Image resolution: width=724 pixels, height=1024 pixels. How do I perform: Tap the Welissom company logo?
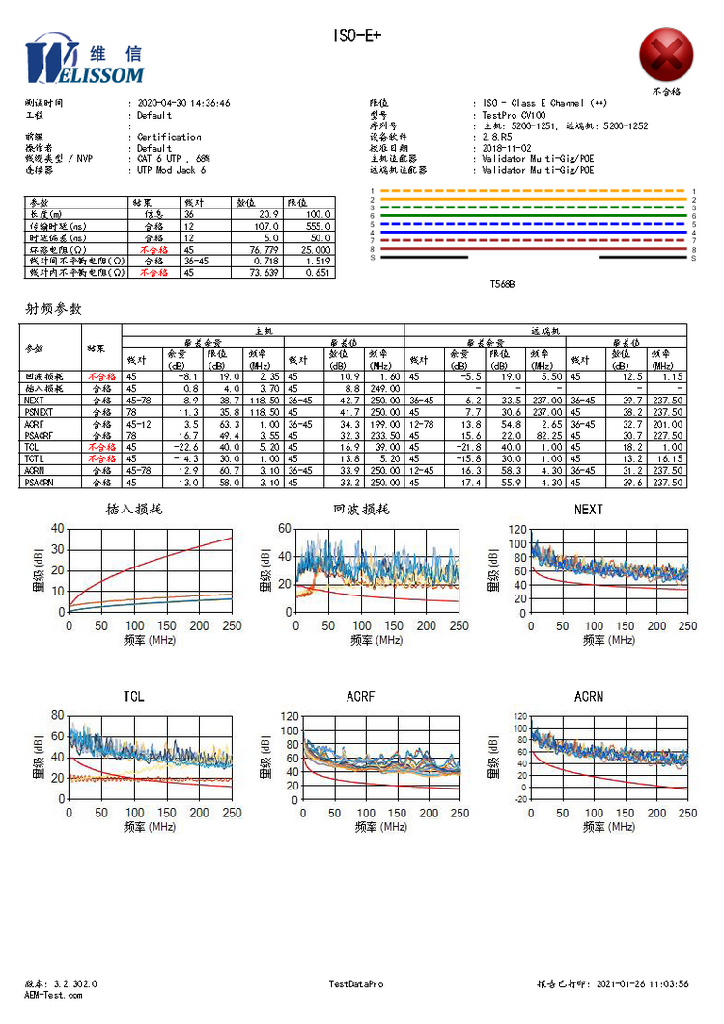[x=84, y=61]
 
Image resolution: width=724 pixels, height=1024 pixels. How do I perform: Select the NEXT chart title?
[x=588, y=510]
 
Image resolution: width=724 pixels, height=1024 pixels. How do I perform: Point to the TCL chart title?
[x=135, y=697]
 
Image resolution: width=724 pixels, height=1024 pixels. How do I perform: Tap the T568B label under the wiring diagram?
[x=503, y=285]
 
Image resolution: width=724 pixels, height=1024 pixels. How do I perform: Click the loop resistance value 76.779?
[x=262, y=249]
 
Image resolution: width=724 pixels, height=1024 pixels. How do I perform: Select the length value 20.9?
[x=266, y=214]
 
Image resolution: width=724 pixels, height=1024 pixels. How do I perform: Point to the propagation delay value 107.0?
[x=265, y=226]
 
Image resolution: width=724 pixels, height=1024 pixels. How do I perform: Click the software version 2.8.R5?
[x=500, y=137]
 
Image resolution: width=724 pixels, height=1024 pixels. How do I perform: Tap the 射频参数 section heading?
[x=53, y=310]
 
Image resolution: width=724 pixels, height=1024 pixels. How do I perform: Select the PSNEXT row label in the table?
[x=40, y=411]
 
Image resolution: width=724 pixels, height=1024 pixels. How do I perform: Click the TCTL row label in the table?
[x=36, y=459]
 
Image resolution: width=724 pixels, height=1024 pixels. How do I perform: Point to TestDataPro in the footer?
[x=356, y=983]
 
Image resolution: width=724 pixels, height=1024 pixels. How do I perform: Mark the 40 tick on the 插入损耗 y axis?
[x=57, y=528]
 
